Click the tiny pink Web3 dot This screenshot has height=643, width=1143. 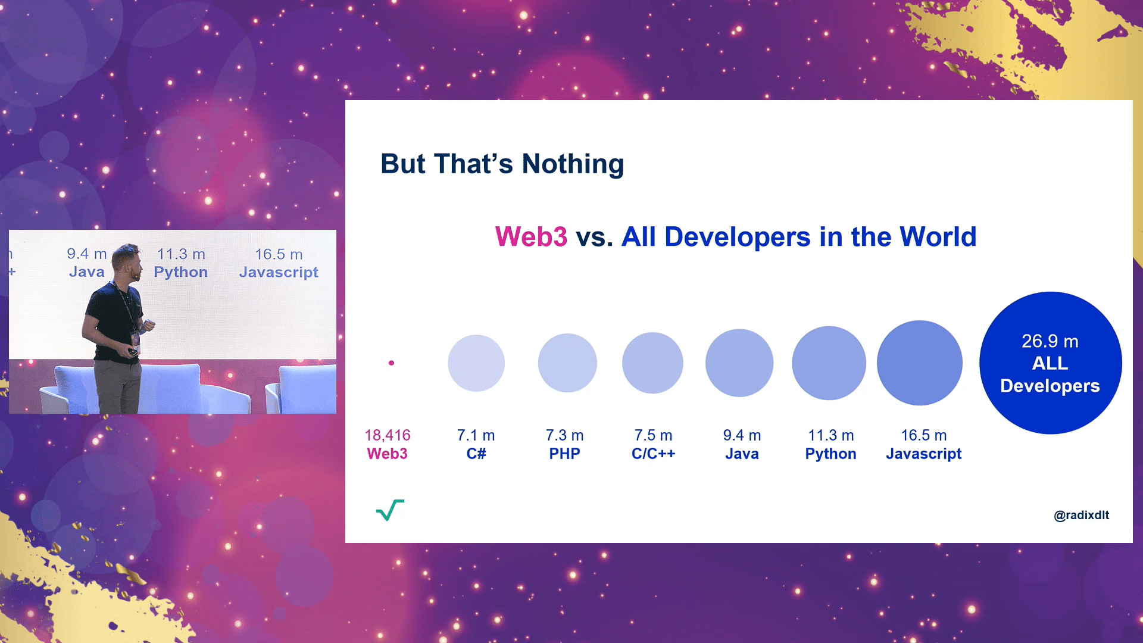pos(391,363)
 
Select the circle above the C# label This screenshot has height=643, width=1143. pos(476,363)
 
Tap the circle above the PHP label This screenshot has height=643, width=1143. pos(567,363)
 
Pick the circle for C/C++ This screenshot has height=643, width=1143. pos(652,363)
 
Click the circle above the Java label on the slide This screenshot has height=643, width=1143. pos(739,363)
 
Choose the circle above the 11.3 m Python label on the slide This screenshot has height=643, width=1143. pos(829,363)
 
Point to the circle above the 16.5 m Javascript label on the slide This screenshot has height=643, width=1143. pos(920,363)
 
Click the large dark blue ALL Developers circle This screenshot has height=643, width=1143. pos(1051,363)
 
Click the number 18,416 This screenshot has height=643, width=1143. pos(388,435)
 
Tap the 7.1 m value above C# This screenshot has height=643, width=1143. pos(476,435)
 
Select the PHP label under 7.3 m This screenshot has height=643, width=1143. pos(564,454)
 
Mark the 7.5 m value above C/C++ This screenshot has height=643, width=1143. pos(653,435)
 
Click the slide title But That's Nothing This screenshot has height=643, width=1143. pos(502,164)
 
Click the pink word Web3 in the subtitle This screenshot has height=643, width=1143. pos(531,237)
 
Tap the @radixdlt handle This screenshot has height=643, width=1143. pos(1081,515)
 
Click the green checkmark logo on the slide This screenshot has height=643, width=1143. pos(390,510)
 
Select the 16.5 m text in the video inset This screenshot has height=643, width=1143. pos(279,254)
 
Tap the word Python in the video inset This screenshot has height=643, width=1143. pos(181,272)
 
